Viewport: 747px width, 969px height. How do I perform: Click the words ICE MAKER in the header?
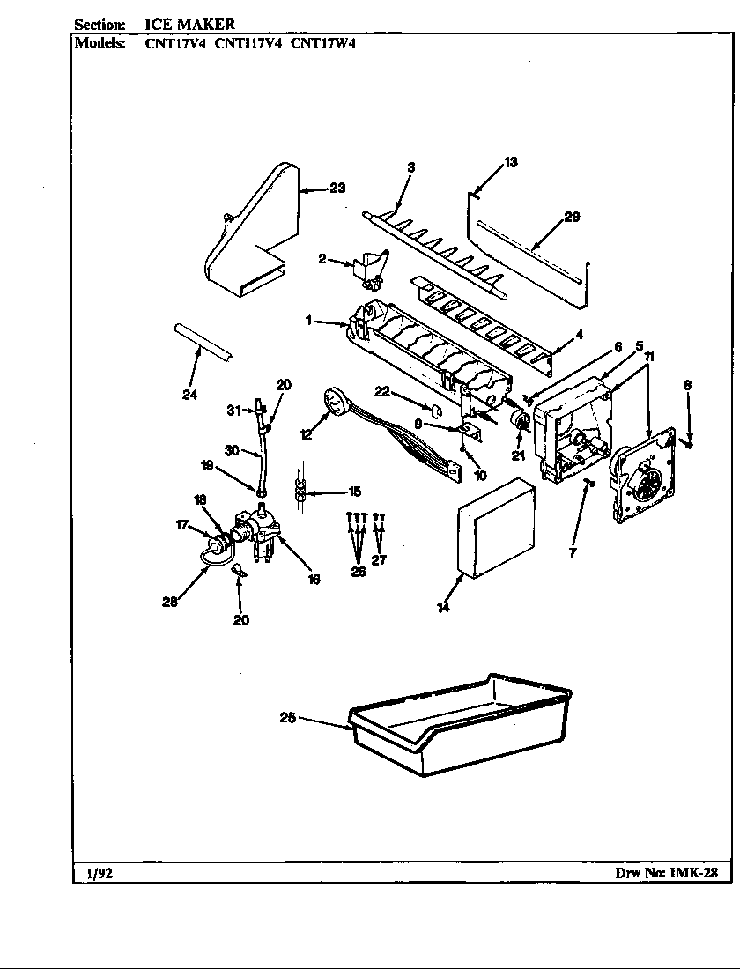coord(189,24)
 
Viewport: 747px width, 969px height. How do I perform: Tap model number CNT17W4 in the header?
coord(322,41)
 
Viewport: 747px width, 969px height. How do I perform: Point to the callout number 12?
coord(306,433)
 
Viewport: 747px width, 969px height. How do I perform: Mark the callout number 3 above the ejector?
coord(410,166)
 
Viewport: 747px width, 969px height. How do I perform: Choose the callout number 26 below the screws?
coord(358,571)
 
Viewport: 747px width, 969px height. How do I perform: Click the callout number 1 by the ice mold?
coord(309,321)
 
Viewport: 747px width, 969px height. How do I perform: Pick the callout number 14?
coord(443,607)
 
